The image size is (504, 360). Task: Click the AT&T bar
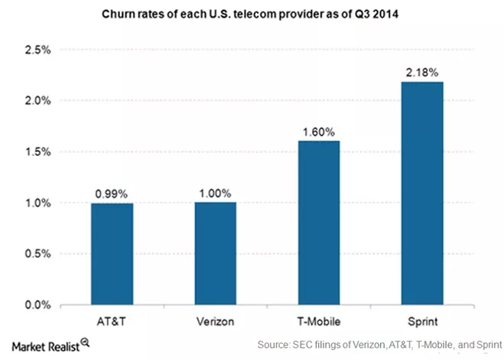pyautogui.click(x=111, y=254)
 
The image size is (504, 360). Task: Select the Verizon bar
pyautogui.click(x=215, y=254)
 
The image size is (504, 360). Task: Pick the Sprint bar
pyautogui.click(x=421, y=193)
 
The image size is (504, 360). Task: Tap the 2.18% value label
pyautogui.click(x=421, y=73)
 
